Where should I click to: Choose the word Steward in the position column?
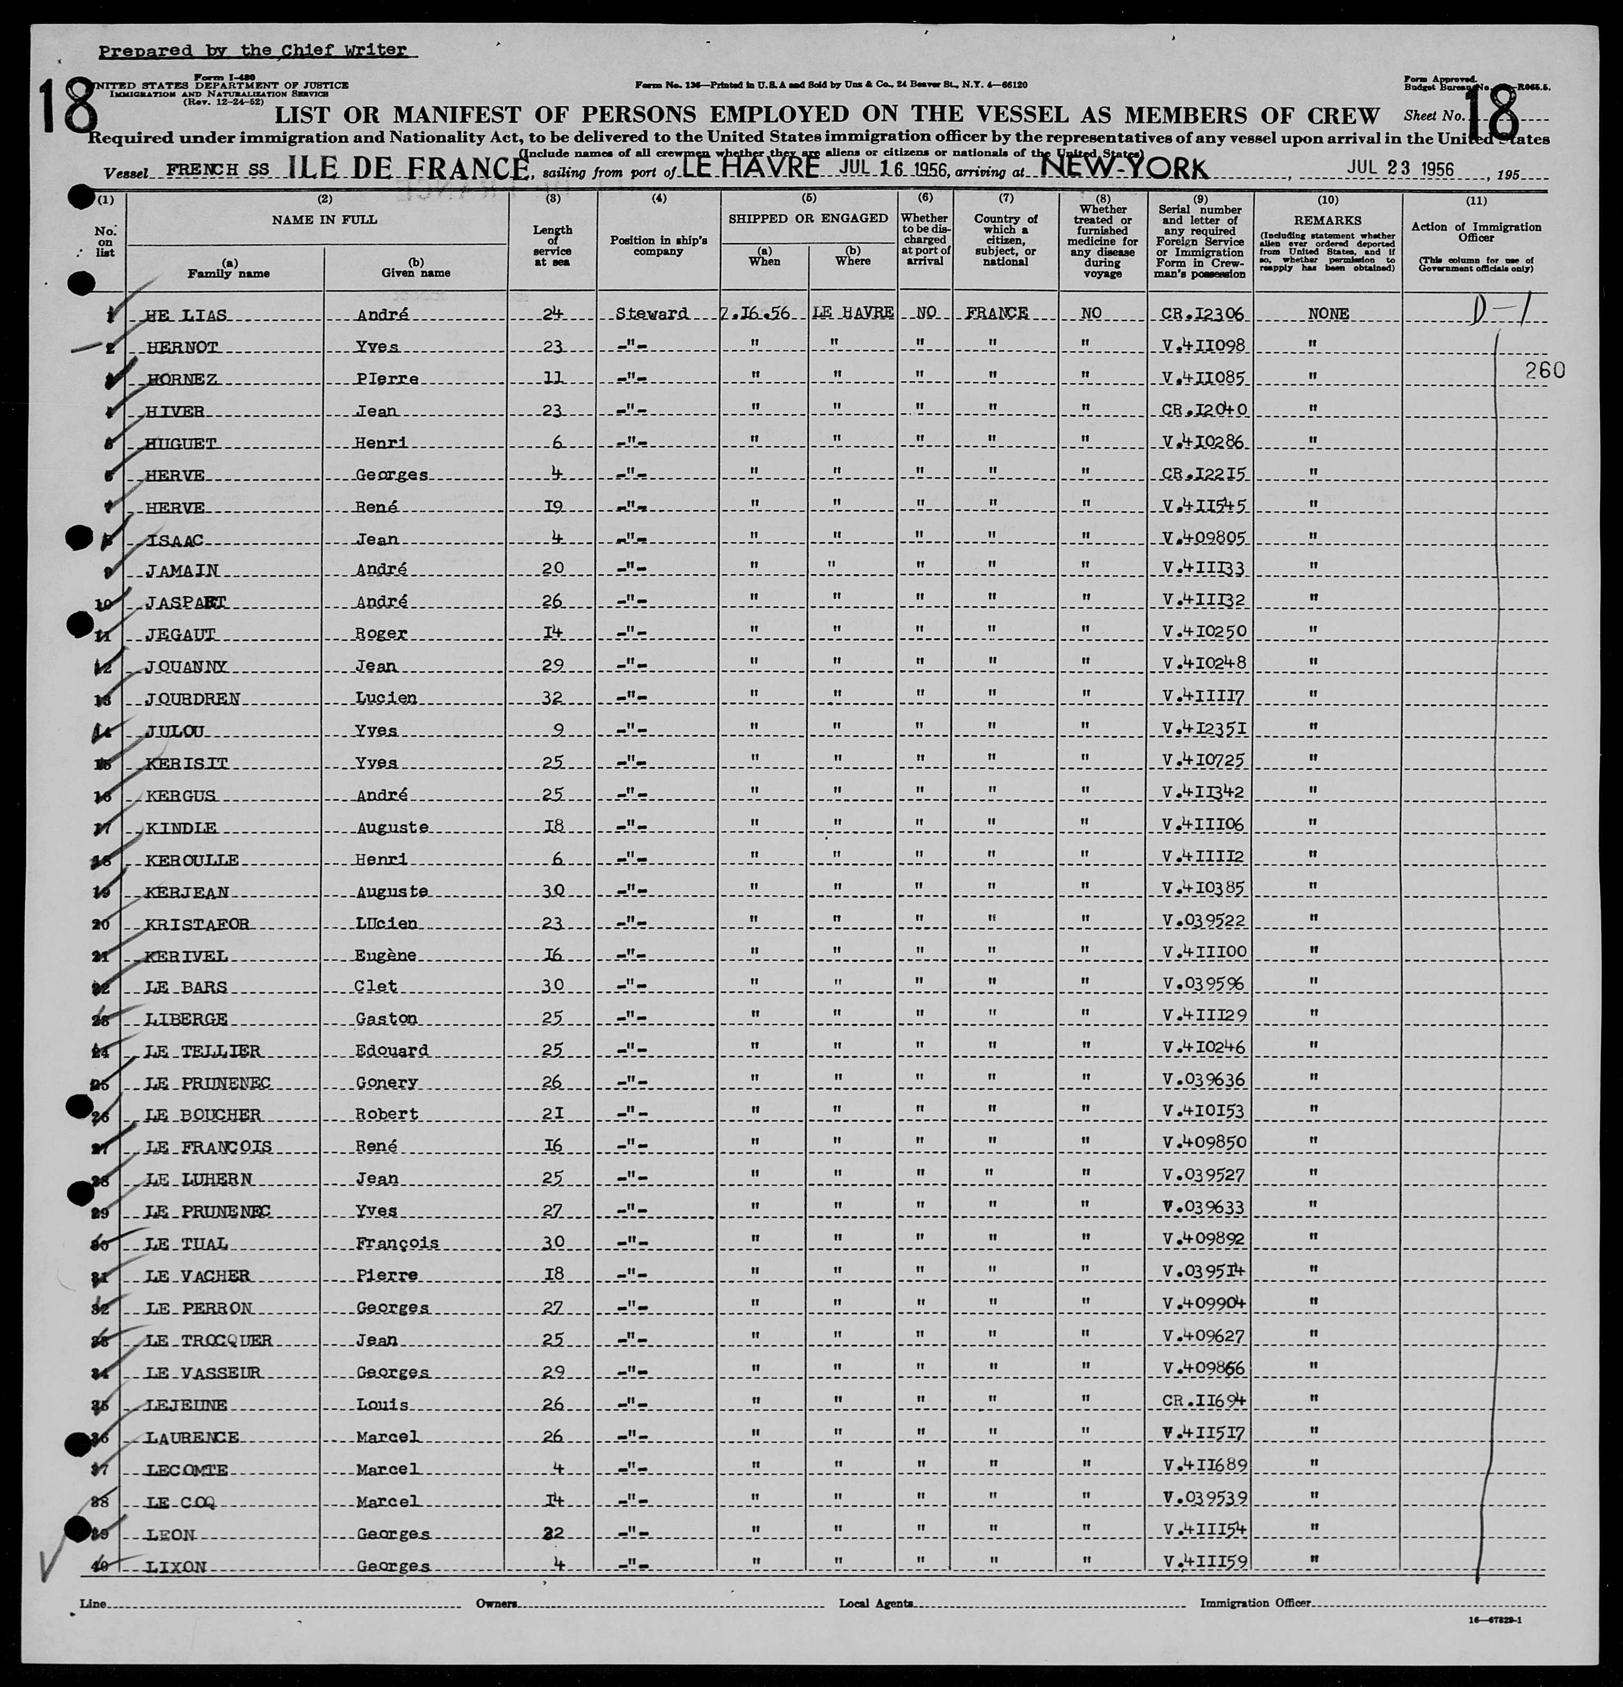pos(651,314)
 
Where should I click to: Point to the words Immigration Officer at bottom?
pos(1256,1602)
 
